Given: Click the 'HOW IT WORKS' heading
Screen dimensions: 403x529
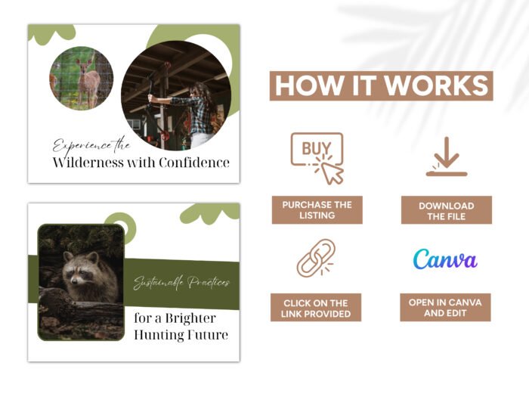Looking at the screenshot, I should (381, 85).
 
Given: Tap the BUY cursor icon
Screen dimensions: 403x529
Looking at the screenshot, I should (317, 157).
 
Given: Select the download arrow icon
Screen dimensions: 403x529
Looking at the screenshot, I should (446, 157).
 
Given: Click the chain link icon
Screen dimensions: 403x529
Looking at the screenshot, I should (316, 258).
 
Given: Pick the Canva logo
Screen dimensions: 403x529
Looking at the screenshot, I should (445, 259).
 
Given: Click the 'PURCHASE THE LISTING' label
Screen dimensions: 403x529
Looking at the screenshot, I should (317, 210).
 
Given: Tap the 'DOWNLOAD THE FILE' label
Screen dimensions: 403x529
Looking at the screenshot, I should (446, 210).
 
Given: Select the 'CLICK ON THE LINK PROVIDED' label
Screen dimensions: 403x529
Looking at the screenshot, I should (317, 308).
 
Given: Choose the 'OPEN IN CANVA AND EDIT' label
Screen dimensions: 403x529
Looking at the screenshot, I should (445, 307).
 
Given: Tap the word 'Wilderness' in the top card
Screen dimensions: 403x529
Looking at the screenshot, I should (82, 163).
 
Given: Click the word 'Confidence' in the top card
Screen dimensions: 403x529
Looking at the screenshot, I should (194, 163).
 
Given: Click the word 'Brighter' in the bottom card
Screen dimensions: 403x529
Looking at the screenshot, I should (190, 318).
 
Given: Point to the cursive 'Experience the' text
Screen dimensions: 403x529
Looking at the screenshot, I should (91, 144).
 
